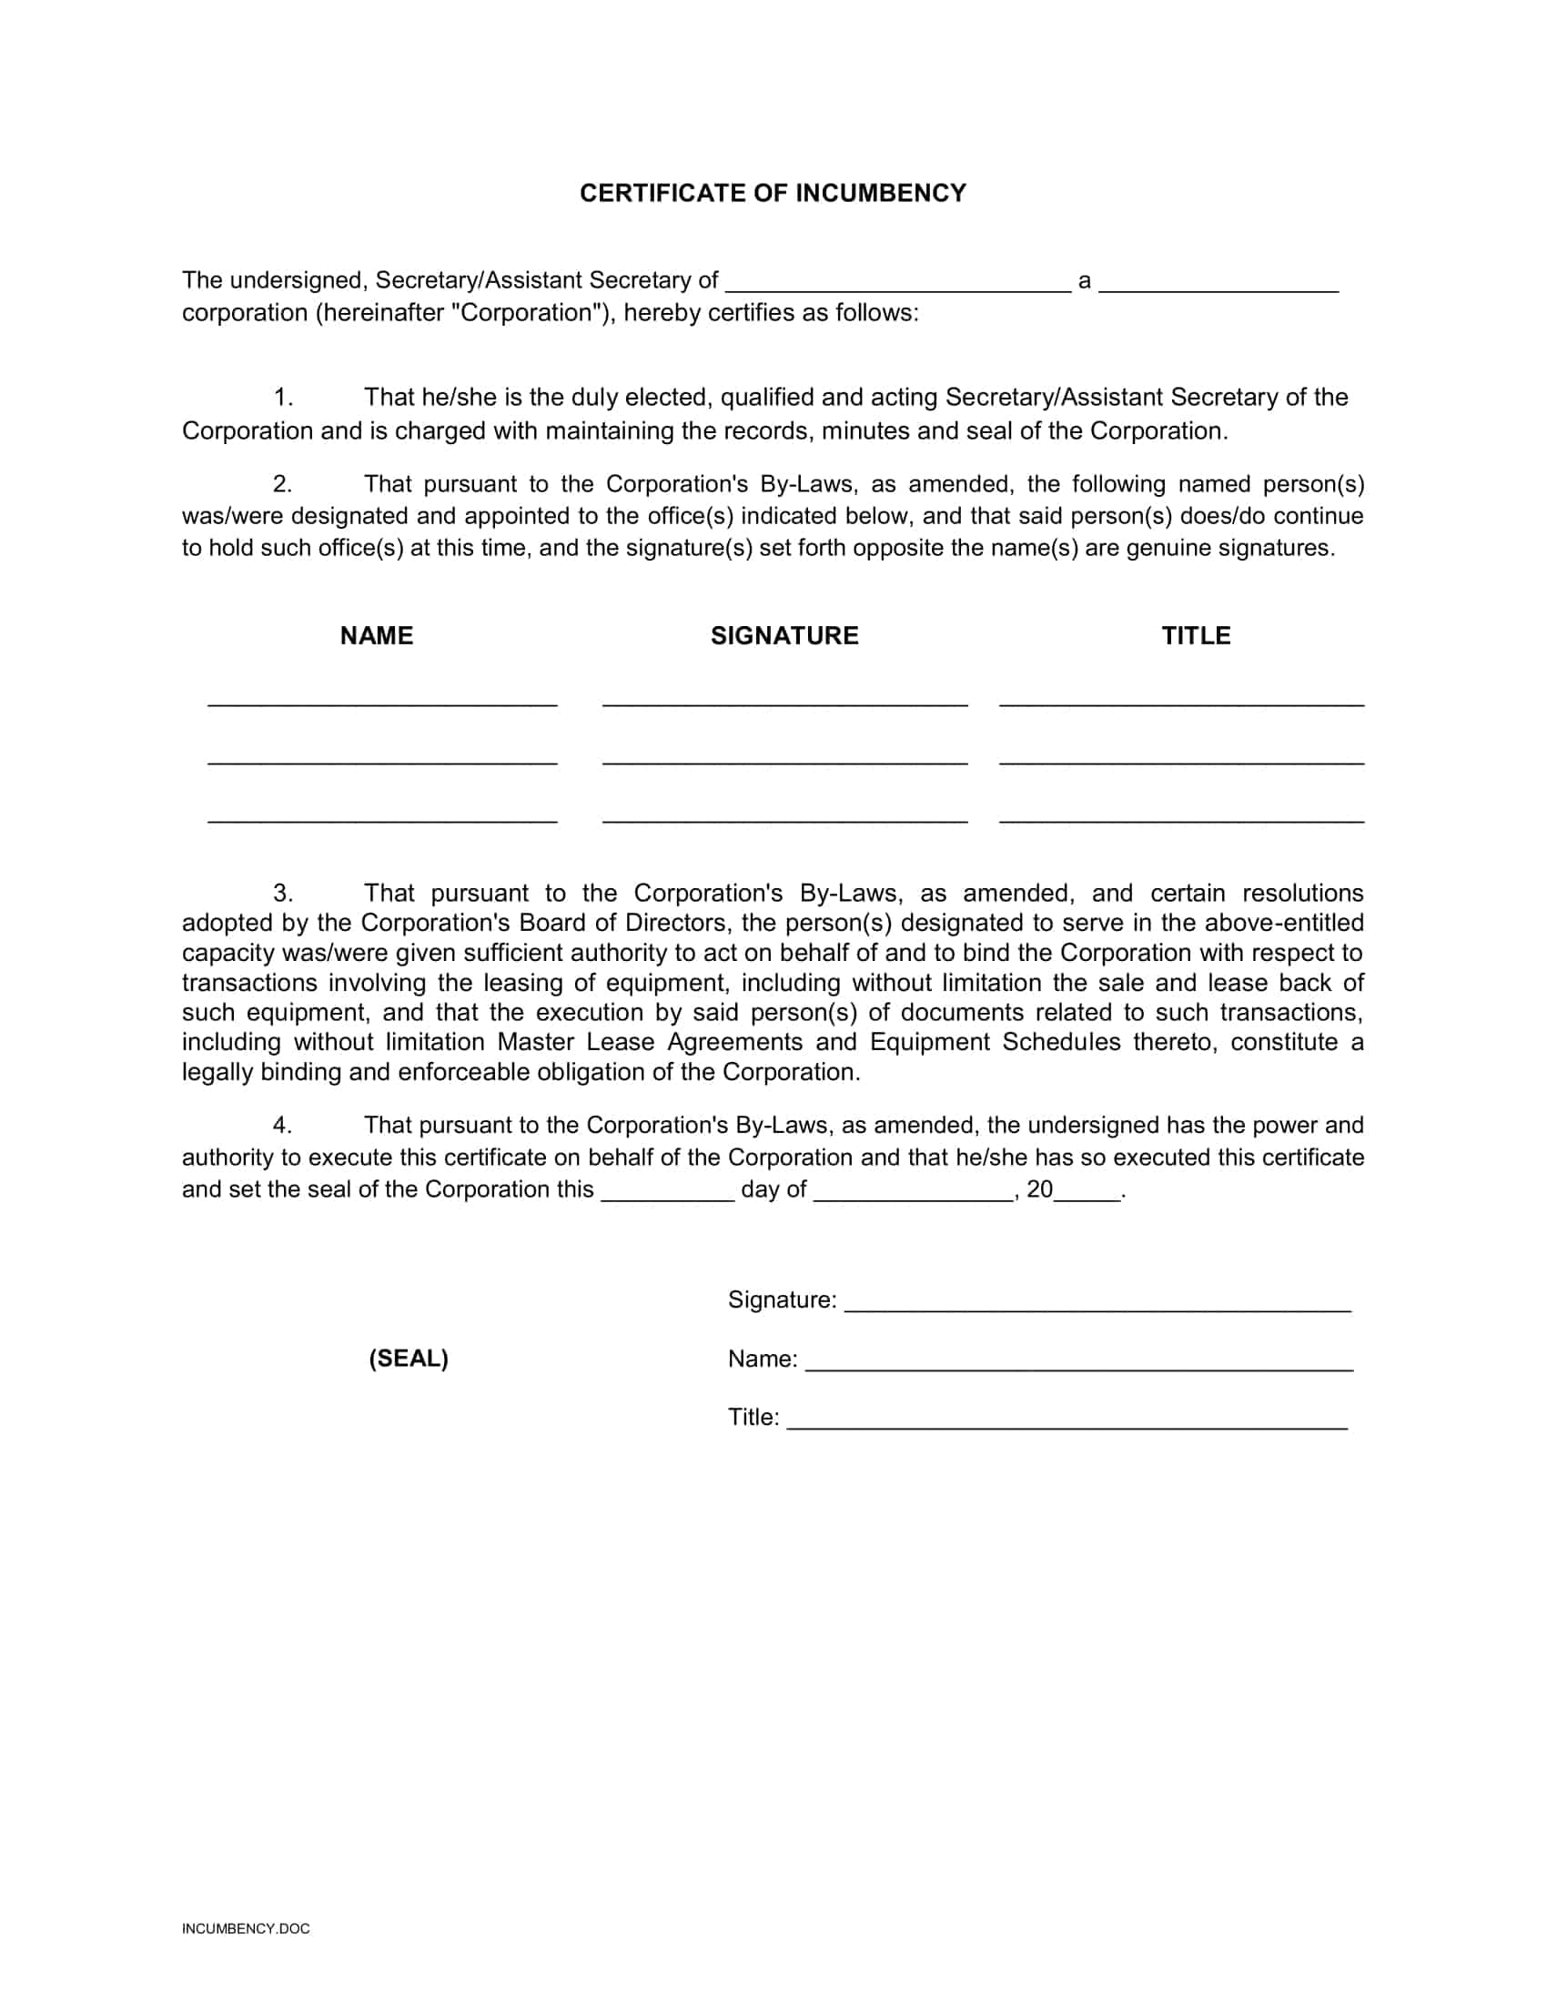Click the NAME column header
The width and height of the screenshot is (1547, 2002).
376,636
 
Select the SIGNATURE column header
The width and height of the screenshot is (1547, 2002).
784,636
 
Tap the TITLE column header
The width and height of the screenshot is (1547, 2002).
1196,636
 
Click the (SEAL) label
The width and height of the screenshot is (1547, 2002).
409,1359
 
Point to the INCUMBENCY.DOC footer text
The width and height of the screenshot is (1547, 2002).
246,1928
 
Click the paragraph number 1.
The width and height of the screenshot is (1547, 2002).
282,398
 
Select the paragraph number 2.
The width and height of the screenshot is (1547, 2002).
282,484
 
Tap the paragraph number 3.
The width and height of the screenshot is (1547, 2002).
282,893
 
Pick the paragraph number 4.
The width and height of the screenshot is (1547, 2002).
282,1125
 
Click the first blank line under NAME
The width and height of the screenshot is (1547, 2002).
382,703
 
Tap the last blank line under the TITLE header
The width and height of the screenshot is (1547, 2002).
1181,819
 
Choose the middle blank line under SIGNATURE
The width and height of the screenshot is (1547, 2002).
784,761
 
